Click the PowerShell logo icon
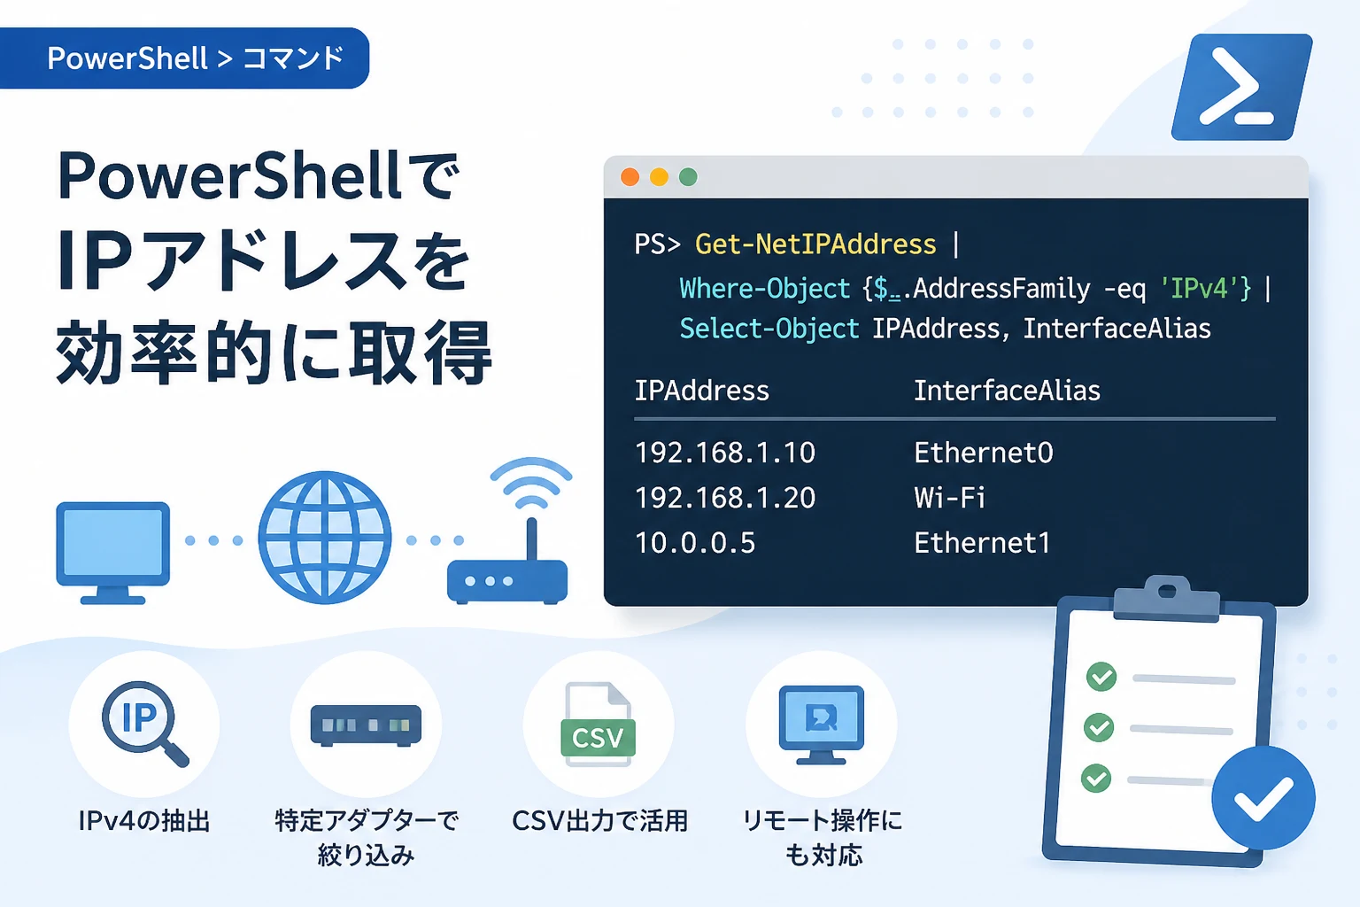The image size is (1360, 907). tap(1241, 87)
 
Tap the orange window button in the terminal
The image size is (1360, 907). tap(630, 177)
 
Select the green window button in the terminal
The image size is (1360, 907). tap(688, 177)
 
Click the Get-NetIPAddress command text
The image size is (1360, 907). tap(815, 244)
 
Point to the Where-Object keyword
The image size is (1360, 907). tap(764, 289)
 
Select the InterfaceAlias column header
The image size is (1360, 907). tap(1007, 391)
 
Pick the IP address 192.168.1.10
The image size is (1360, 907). tap(725, 453)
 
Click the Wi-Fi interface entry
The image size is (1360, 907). tap(949, 498)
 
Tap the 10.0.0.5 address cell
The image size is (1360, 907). tap(694, 542)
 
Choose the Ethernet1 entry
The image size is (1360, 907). tap(982, 542)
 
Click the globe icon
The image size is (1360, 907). tap(325, 537)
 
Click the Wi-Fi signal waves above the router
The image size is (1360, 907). tap(531, 483)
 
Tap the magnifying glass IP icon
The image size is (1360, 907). tap(144, 723)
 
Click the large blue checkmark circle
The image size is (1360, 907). tap(1263, 798)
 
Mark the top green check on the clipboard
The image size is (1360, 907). tap(1101, 677)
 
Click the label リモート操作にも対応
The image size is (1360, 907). tap(823, 838)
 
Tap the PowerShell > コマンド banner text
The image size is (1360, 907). tap(196, 58)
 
